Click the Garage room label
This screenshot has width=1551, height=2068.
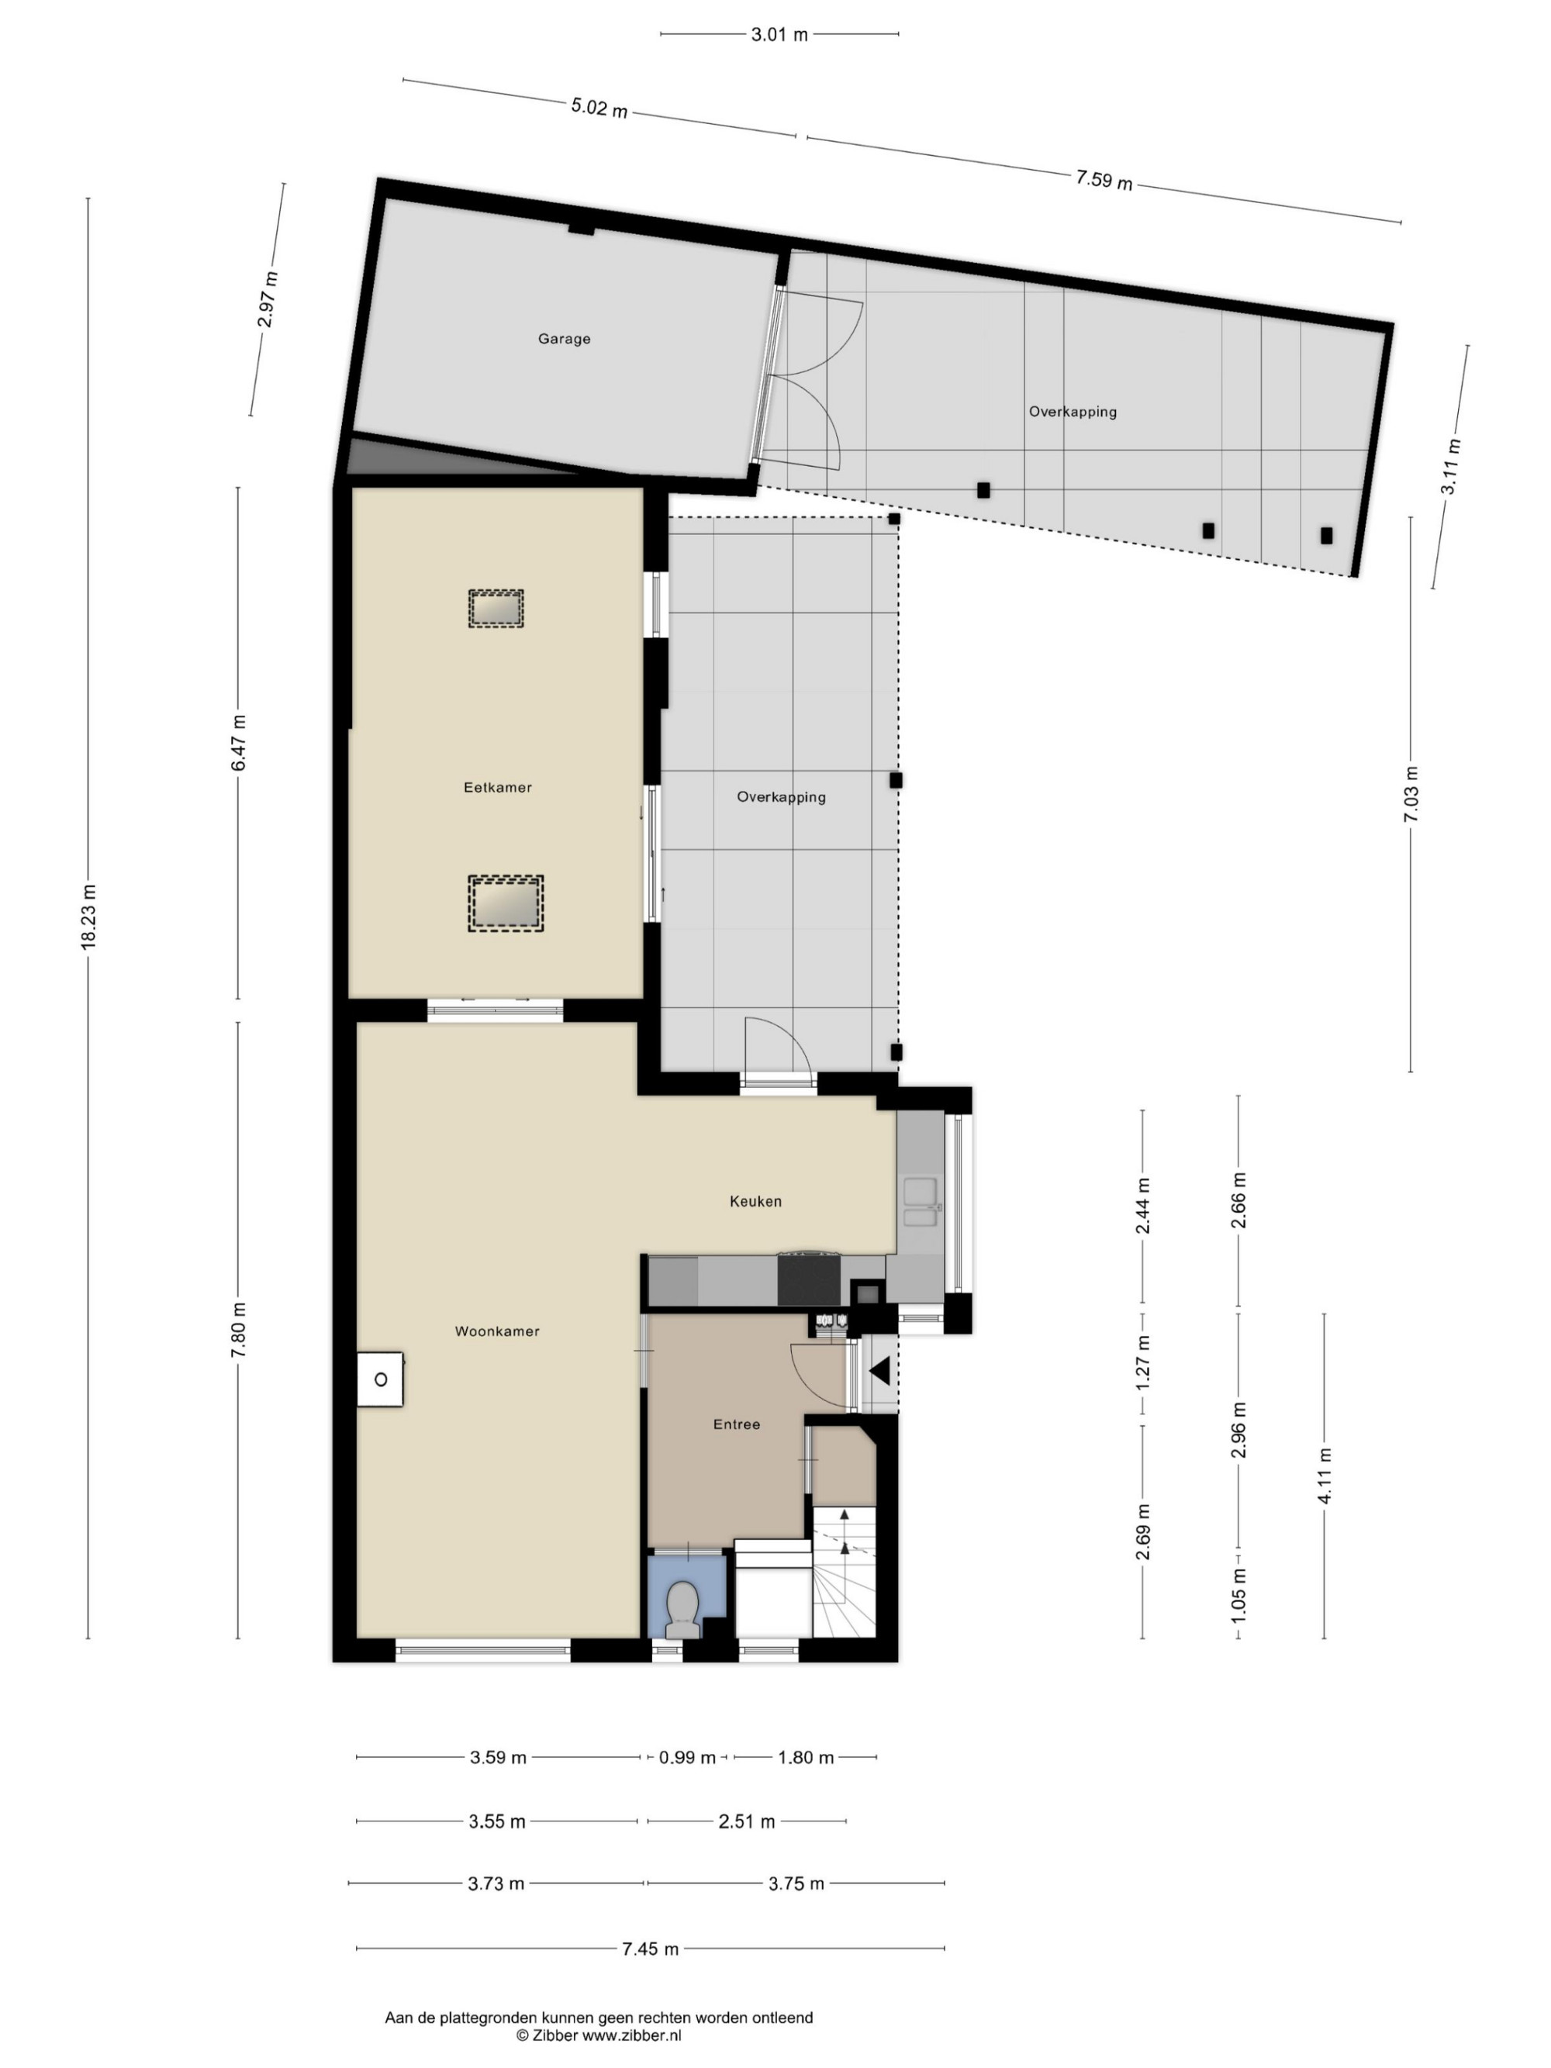click(564, 338)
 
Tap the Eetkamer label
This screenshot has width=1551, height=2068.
click(497, 787)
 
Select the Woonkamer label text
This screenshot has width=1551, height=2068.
click(496, 1331)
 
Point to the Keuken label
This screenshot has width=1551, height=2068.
click(755, 1201)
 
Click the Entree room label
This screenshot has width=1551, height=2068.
click(737, 1424)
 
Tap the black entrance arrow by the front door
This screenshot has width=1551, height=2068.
click(879, 1372)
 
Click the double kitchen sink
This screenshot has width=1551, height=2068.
click(921, 1203)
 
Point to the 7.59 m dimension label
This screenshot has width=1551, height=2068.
click(1104, 178)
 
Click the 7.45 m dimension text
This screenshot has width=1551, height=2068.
click(651, 1949)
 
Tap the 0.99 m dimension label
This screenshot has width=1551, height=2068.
click(687, 1758)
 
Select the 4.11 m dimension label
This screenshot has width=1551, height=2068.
click(1324, 1476)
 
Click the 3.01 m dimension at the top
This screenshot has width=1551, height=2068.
click(779, 35)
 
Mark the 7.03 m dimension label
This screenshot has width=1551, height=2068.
click(1411, 794)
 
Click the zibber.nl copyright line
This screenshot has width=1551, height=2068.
click(599, 2035)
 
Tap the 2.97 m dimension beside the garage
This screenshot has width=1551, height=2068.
click(268, 299)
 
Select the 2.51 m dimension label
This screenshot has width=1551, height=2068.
click(747, 1821)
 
